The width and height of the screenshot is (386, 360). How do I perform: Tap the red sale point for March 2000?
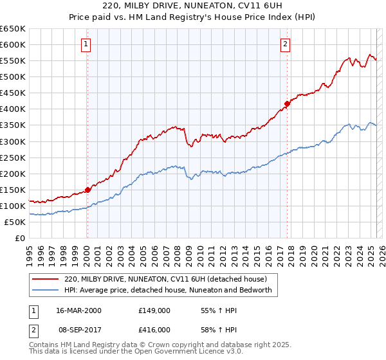(87, 190)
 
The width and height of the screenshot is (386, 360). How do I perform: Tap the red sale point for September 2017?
(287, 104)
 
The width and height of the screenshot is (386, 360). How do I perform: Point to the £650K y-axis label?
(12, 29)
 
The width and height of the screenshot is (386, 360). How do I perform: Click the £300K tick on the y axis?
(12, 141)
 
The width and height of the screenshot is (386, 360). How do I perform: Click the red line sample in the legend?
(46, 279)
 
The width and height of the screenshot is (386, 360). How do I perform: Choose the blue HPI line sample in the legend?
(46, 290)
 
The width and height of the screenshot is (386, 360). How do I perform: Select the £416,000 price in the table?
(154, 329)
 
